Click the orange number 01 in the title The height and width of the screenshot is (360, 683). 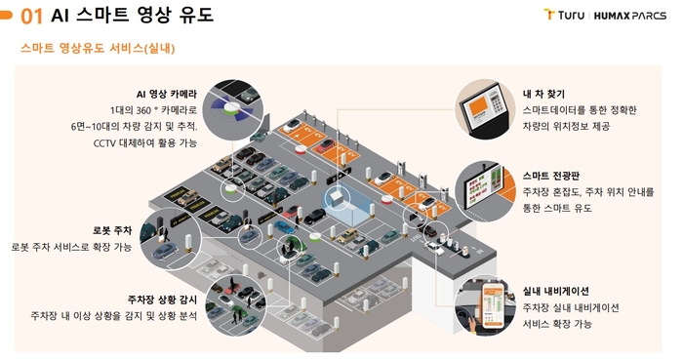click(x=31, y=17)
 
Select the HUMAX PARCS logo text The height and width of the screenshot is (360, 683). click(x=630, y=16)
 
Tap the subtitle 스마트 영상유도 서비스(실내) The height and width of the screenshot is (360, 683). click(x=98, y=48)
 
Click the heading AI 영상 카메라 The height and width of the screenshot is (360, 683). click(x=167, y=94)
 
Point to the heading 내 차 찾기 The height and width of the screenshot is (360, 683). click(x=543, y=94)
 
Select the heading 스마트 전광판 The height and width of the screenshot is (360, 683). click(x=551, y=176)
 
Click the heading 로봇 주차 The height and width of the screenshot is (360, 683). click(x=112, y=230)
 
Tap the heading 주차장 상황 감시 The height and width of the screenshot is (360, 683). click(x=162, y=300)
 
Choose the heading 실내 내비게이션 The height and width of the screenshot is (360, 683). click(x=556, y=291)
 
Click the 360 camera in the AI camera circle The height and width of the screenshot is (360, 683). click(x=231, y=107)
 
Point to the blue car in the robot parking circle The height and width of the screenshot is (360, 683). click(x=165, y=251)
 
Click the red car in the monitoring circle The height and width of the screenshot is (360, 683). click(x=232, y=288)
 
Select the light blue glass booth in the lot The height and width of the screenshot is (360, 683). click(x=346, y=203)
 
